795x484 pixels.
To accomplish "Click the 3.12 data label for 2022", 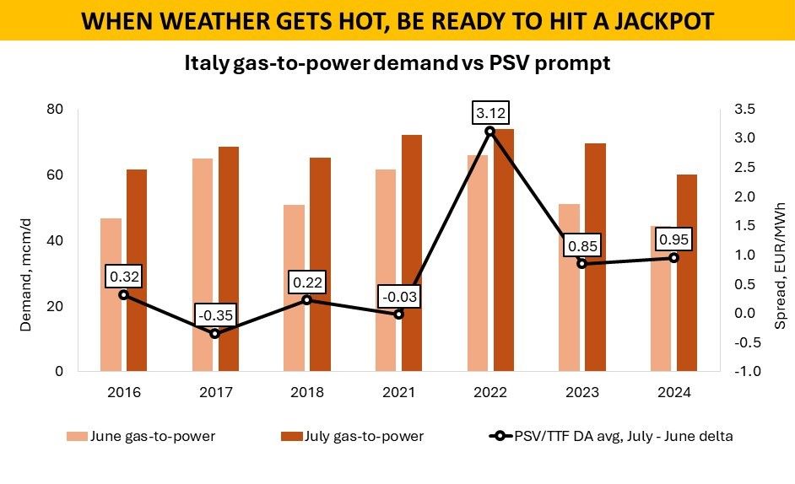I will (x=489, y=113).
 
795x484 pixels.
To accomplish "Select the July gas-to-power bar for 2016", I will (x=137, y=270).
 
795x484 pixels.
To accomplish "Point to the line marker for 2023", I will (x=581, y=264).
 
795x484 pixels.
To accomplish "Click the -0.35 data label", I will (x=214, y=316).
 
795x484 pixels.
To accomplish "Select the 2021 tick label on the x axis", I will (x=397, y=392).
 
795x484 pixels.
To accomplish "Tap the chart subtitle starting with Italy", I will (x=397, y=64).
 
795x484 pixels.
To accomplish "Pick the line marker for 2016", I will (x=123, y=295).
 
